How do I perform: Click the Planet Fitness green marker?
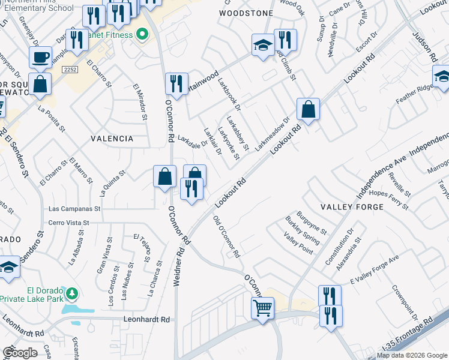point(142,34)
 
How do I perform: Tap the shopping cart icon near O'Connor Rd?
point(262,308)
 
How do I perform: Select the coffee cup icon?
point(40,58)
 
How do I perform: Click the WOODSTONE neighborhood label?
point(246,13)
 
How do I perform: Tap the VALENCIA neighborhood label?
point(112,139)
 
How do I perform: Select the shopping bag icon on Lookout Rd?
point(308,110)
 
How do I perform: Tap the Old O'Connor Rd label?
point(227,236)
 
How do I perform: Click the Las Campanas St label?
point(74,209)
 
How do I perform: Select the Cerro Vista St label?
point(68,223)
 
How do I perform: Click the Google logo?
point(20,353)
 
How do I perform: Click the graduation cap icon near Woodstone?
point(262,45)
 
